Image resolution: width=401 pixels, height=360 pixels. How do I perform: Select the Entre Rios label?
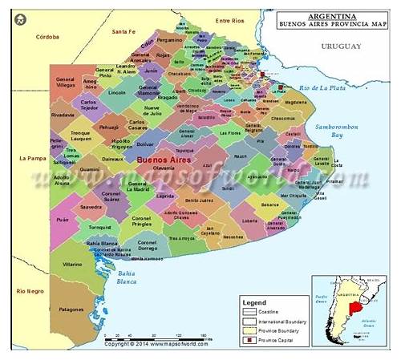(229, 21)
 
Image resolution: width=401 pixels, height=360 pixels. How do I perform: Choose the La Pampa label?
(31, 158)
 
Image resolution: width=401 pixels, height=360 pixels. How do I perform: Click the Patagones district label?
(71, 308)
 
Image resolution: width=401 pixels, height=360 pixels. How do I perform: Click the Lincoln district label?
(117, 93)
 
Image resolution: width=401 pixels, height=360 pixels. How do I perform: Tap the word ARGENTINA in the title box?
(331, 15)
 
